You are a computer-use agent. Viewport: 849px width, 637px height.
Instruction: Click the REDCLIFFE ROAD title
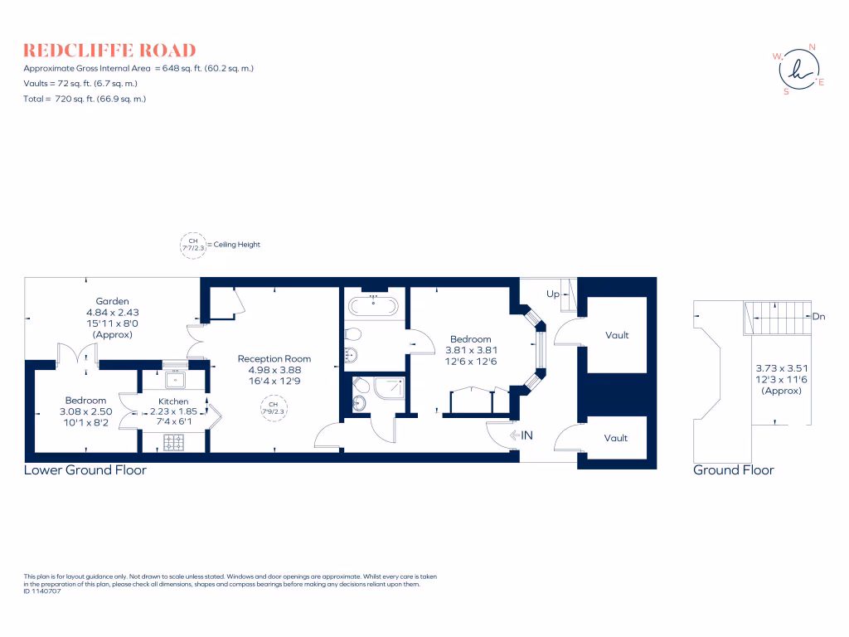point(109,50)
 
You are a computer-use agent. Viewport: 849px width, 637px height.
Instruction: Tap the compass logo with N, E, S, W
point(799,70)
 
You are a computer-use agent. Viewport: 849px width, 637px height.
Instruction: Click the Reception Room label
point(274,358)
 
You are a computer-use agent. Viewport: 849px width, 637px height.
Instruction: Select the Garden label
point(112,301)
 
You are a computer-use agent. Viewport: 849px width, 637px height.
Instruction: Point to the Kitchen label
point(174,401)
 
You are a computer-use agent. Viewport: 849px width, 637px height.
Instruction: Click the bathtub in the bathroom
point(373,304)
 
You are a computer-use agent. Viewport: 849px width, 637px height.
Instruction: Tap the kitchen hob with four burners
point(174,443)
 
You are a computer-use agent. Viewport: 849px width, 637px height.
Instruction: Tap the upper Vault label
point(617,335)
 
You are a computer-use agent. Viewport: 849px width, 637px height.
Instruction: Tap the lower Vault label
point(615,438)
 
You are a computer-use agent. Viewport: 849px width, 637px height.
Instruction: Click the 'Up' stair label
point(552,294)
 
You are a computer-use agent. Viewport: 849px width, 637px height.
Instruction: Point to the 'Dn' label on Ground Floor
point(818,316)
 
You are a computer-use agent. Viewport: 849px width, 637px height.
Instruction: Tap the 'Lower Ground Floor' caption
point(85,470)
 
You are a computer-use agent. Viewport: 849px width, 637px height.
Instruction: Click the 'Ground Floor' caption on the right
point(733,470)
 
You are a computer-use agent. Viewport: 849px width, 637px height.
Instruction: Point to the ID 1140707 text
point(43,591)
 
